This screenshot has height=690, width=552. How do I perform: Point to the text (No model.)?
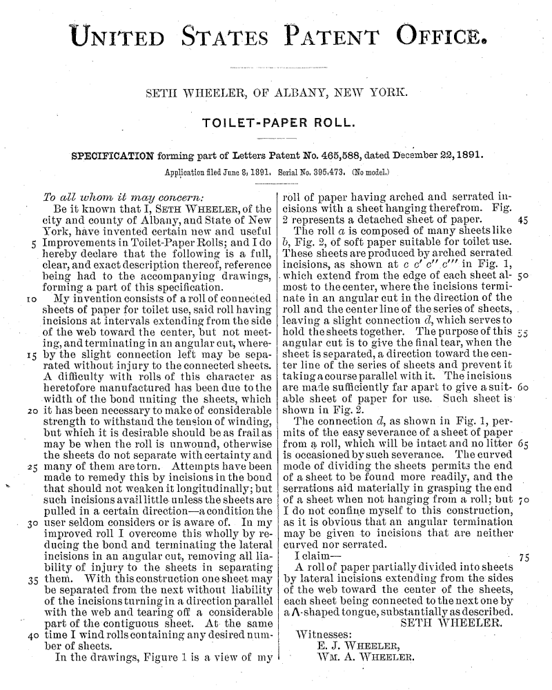(370, 168)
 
